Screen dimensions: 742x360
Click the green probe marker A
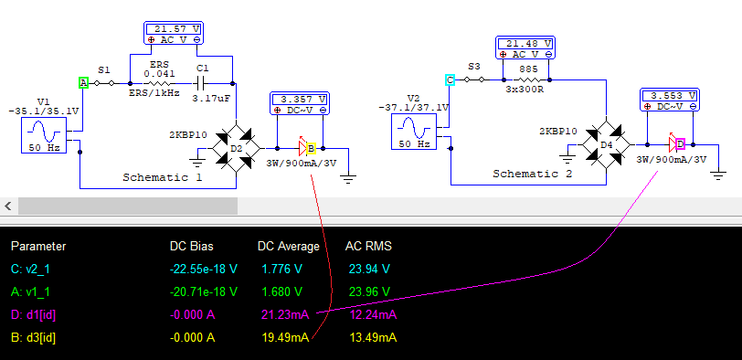pos(84,83)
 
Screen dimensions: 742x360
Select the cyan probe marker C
pos(450,79)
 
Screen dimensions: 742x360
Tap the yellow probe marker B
pos(311,149)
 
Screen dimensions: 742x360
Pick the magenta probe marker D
pos(680,143)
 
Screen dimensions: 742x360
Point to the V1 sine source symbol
pos(44,136)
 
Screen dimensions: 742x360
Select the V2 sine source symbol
pos(415,131)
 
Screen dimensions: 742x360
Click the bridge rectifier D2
pos(236,149)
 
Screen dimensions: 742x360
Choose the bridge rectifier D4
pos(606,144)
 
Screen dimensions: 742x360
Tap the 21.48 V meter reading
pos(525,44)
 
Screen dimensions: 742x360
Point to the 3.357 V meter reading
pos(300,100)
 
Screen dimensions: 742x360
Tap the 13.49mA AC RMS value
pos(373,338)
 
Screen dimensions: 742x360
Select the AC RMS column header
pos(368,246)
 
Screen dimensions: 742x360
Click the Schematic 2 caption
pos(533,174)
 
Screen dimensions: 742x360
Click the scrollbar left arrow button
pos(8,206)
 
